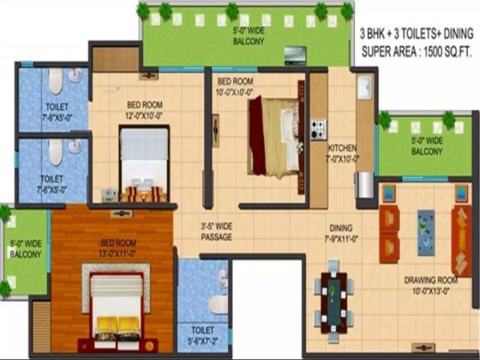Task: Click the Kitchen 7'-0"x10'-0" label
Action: (x=342, y=153)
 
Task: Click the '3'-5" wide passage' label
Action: (x=216, y=232)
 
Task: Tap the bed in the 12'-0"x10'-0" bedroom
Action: (x=144, y=164)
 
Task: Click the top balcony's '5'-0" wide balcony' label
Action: (x=248, y=36)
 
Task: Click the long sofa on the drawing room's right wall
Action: (x=462, y=240)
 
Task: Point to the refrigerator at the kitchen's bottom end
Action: (x=365, y=184)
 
